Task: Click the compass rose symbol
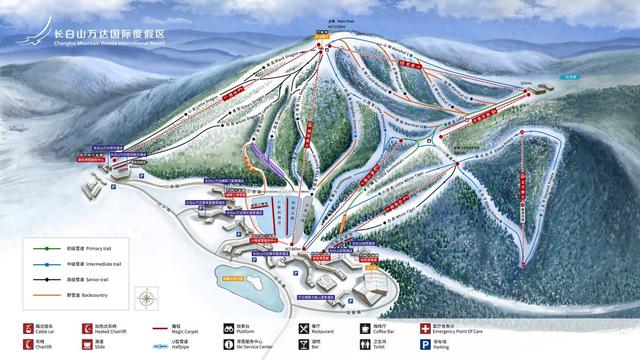coord(147,297)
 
